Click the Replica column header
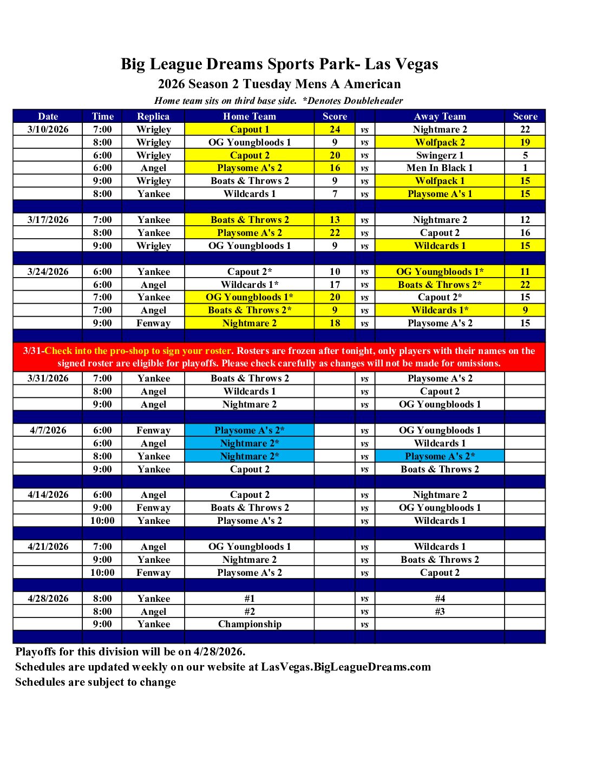pyautogui.click(x=153, y=116)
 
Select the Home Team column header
pyautogui.click(x=249, y=116)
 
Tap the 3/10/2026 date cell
pyautogui.click(x=48, y=129)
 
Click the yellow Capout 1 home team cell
pyautogui.click(x=249, y=129)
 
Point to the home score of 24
pyautogui.click(x=335, y=129)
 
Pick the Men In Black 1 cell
pyautogui.click(x=440, y=168)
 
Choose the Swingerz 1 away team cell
pyautogui.click(x=440, y=155)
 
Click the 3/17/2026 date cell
pyautogui.click(x=48, y=220)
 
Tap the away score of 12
pyautogui.click(x=525, y=220)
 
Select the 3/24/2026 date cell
pyautogui.click(x=48, y=272)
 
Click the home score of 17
pyautogui.click(x=335, y=285)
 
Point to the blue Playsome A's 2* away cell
pyautogui.click(x=440, y=456)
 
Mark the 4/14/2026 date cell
pyautogui.click(x=48, y=495)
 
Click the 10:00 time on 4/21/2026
pyautogui.click(x=102, y=573)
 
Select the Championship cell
pyautogui.click(x=249, y=624)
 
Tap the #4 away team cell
pyautogui.click(x=440, y=599)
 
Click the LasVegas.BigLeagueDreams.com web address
pyautogui.click(x=346, y=667)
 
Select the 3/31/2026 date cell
pyautogui.click(x=48, y=378)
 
